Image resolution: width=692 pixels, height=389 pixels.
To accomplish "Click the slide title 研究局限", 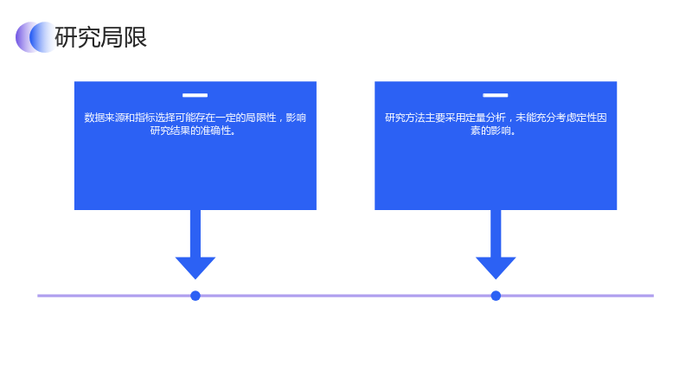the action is pyautogui.click(x=100, y=37).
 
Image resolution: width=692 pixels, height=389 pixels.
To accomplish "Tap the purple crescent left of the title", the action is pyautogui.click(x=22, y=37).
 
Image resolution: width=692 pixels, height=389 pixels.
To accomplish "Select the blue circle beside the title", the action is pyautogui.click(x=42, y=37).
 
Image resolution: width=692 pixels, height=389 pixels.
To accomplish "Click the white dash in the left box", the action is pyautogui.click(x=195, y=95).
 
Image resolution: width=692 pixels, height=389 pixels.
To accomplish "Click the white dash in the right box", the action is pyautogui.click(x=495, y=95).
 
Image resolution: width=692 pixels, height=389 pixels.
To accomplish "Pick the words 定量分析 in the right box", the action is pyautogui.click(x=485, y=118).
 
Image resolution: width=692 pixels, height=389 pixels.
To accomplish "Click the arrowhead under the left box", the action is pyautogui.click(x=195, y=267).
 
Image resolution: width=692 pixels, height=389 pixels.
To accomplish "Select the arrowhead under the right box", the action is pyautogui.click(x=496, y=267).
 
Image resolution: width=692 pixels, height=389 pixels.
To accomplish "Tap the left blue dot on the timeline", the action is pyautogui.click(x=195, y=296).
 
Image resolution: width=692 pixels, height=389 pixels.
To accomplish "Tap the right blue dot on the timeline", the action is pyautogui.click(x=496, y=296).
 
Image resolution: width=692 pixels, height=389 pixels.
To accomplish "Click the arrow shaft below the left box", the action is pyautogui.click(x=195, y=233).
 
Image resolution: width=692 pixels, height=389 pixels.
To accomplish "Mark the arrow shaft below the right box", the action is pyautogui.click(x=496, y=233).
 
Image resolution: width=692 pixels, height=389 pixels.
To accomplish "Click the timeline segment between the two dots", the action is pyautogui.click(x=345, y=296).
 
